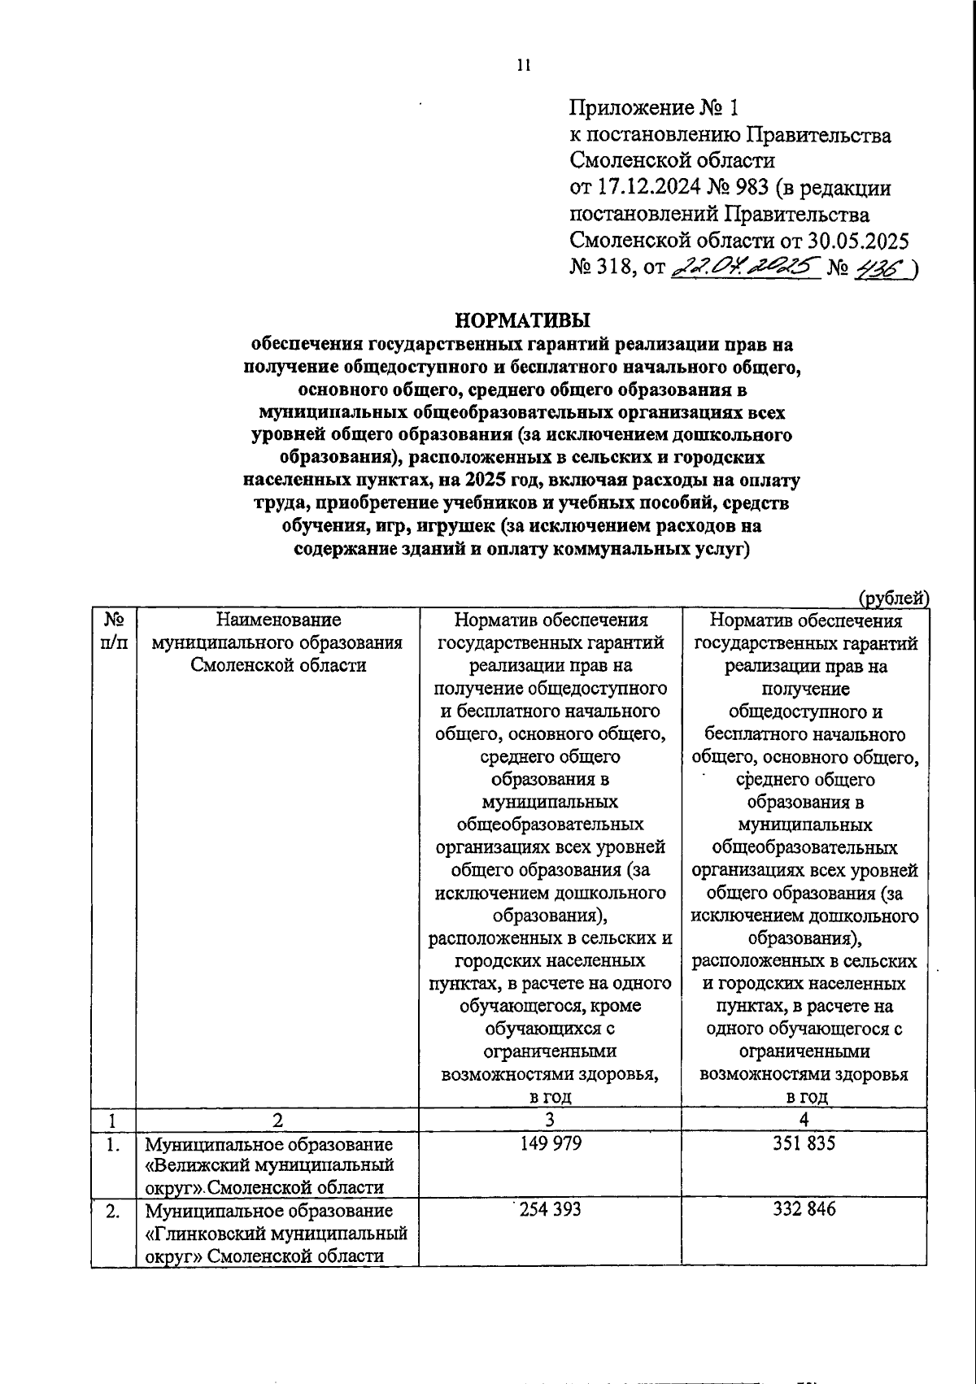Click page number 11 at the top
pyautogui.click(x=523, y=67)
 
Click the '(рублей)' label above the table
pyautogui.click(x=894, y=598)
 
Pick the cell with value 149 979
pyautogui.click(x=551, y=1142)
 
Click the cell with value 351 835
pyautogui.click(x=804, y=1142)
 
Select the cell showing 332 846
pyautogui.click(x=804, y=1209)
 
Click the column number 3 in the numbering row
pyautogui.click(x=551, y=1120)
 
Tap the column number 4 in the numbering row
pyautogui.click(x=804, y=1120)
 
